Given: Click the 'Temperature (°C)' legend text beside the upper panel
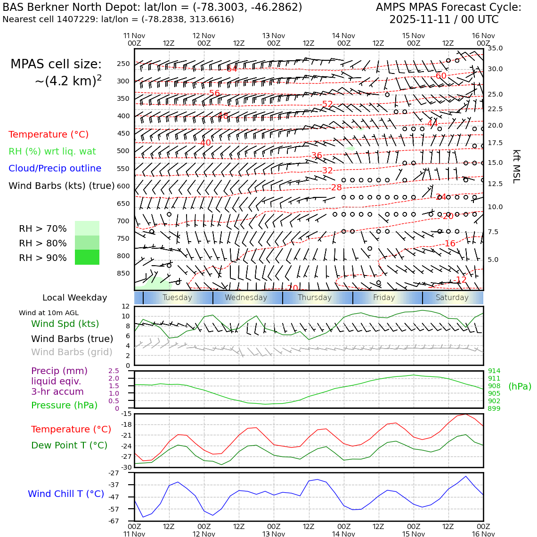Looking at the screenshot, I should click(49, 135).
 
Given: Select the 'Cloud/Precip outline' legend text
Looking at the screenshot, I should click(55, 169).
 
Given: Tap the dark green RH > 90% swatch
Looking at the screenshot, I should click(87, 257).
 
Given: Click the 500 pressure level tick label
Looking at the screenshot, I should click(123, 151).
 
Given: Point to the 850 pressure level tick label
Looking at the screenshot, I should click(123, 273).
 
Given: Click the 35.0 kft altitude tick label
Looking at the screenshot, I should click(495, 48).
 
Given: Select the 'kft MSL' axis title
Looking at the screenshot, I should click(516, 166).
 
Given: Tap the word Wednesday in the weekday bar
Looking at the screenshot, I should click(246, 298).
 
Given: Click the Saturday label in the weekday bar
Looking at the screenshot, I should click(452, 298).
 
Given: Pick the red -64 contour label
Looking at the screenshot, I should click(231, 69).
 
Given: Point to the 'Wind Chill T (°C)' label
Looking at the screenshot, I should click(66, 494).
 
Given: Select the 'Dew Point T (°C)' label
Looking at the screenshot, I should click(69, 446).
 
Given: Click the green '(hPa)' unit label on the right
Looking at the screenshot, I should click(520, 387).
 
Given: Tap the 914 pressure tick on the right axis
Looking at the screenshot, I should click(494, 371).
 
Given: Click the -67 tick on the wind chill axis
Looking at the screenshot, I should click(114, 521).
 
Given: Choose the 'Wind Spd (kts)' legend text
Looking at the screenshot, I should click(65, 324).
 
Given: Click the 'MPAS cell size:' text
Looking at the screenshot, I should click(56, 65).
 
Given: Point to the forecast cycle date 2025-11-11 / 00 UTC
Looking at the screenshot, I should click(444, 20).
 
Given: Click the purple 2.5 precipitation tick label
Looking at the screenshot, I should click(114, 371).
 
